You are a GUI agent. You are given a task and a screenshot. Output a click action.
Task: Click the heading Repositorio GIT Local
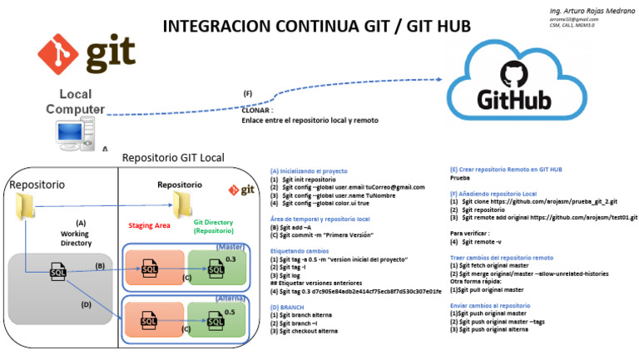tap(172, 157)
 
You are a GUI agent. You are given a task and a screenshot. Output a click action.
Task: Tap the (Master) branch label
tap(230, 247)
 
